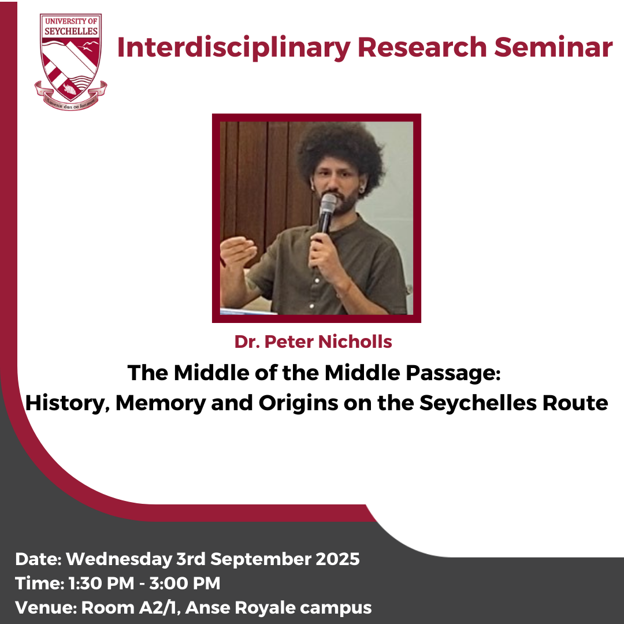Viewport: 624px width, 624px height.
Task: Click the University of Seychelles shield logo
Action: point(71,62)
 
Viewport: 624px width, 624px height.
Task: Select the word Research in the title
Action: point(422,47)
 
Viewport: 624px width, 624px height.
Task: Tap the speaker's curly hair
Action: point(341,153)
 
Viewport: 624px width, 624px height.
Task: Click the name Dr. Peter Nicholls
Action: point(313,341)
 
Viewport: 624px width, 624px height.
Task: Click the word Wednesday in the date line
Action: point(118,559)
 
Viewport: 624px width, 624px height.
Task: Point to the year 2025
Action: point(338,559)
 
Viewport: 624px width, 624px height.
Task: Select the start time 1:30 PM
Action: point(102,584)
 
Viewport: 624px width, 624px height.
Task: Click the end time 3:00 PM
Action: point(185,584)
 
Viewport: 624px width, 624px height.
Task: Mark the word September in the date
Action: point(261,559)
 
